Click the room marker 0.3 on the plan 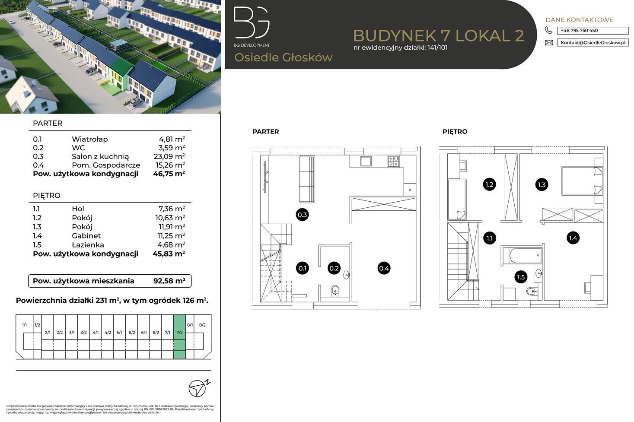click(x=303, y=215)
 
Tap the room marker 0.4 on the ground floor click(x=384, y=268)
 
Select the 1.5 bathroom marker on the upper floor click(x=521, y=277)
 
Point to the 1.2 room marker click(x=489, y=184)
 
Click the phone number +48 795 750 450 click(x=592, y=31)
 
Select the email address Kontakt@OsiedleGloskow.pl click(x=592, y=43)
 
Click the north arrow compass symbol click(x=198, y=387)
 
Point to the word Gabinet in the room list click(x=86, y=236)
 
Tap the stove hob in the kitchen click(x=393, y=162)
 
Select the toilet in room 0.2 click(x=335, y=291)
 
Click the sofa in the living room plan click(x=307, y=179)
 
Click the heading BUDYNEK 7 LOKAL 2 click(x=439, y=35)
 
